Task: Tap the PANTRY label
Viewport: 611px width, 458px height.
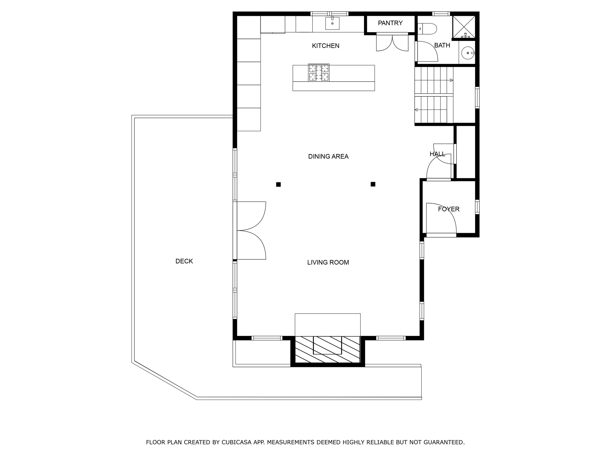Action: [390, 23]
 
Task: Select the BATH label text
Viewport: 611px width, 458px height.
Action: [442, 45]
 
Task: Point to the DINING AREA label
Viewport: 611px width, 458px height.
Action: [328, 156]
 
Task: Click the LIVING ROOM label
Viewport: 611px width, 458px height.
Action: [328, 263]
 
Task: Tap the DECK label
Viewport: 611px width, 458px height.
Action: [184, 261]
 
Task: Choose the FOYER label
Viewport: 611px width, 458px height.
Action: [448, 209]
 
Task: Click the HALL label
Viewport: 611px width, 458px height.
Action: [437, 154]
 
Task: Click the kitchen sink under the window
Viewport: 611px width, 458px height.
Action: [332, 23]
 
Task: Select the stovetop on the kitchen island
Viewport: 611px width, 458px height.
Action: [319, 73]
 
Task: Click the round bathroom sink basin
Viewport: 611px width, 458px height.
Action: [468, 53]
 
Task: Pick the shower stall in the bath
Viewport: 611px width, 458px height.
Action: [464, 27]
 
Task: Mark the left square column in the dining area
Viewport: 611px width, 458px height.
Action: [278, 184]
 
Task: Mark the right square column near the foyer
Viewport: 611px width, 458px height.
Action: [373, 184]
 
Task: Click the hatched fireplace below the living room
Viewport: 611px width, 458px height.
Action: [328, 349]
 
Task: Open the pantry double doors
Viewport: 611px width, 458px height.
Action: [392, 42]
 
